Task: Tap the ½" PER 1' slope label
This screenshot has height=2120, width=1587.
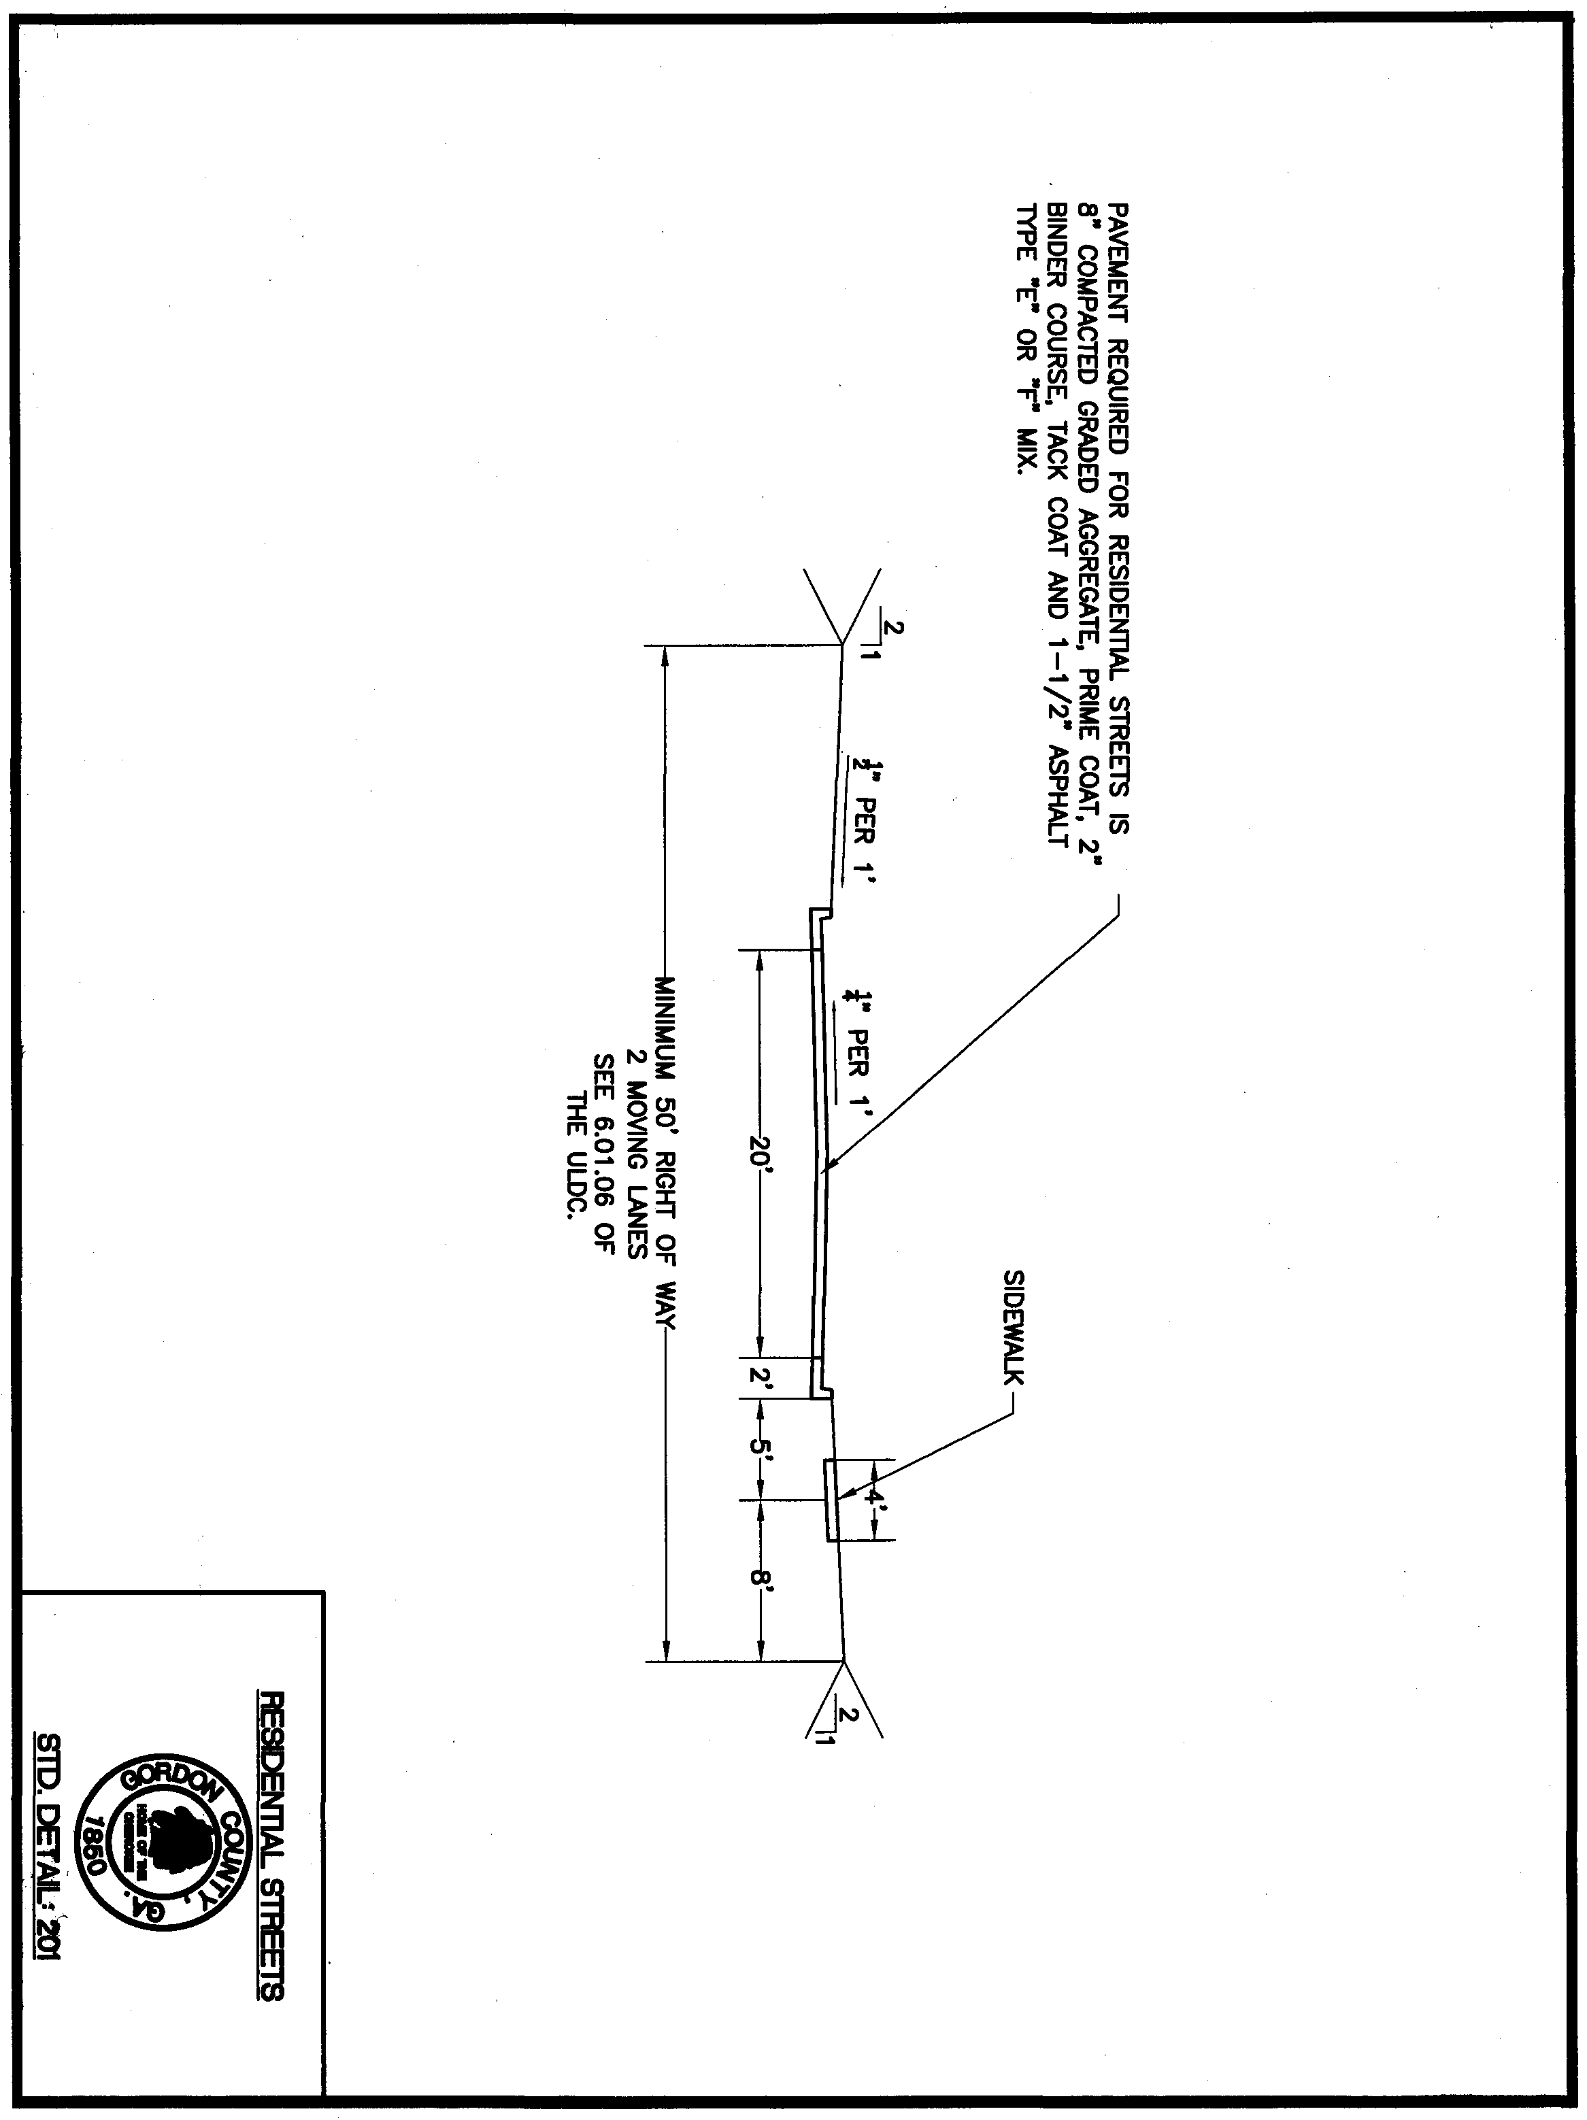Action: (858, 825)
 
